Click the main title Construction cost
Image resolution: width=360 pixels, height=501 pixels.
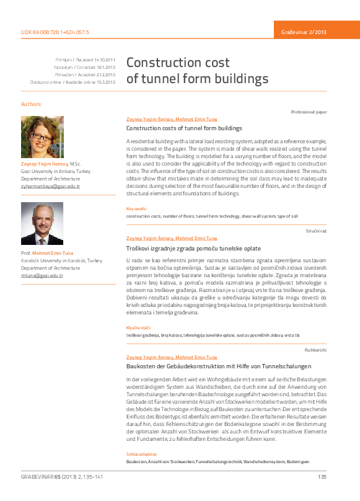point(178,63)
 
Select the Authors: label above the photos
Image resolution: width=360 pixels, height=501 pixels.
point(31,104)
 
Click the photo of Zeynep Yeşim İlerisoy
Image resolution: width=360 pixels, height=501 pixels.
point(42,137)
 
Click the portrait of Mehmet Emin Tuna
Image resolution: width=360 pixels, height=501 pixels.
point(42,223)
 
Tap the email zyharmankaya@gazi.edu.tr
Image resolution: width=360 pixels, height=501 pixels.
point(51,186)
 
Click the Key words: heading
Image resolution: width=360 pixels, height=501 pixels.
point(137,209)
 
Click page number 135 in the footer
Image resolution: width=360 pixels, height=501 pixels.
point(322,477)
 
